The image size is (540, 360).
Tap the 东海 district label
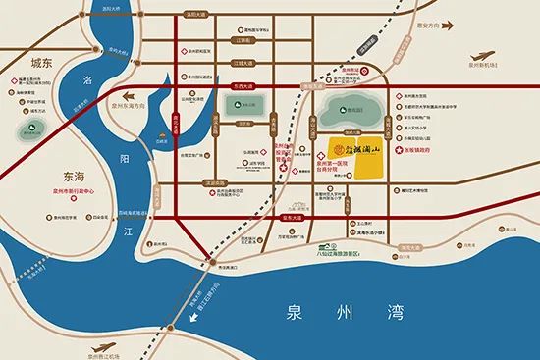click(x=85, y=175)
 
